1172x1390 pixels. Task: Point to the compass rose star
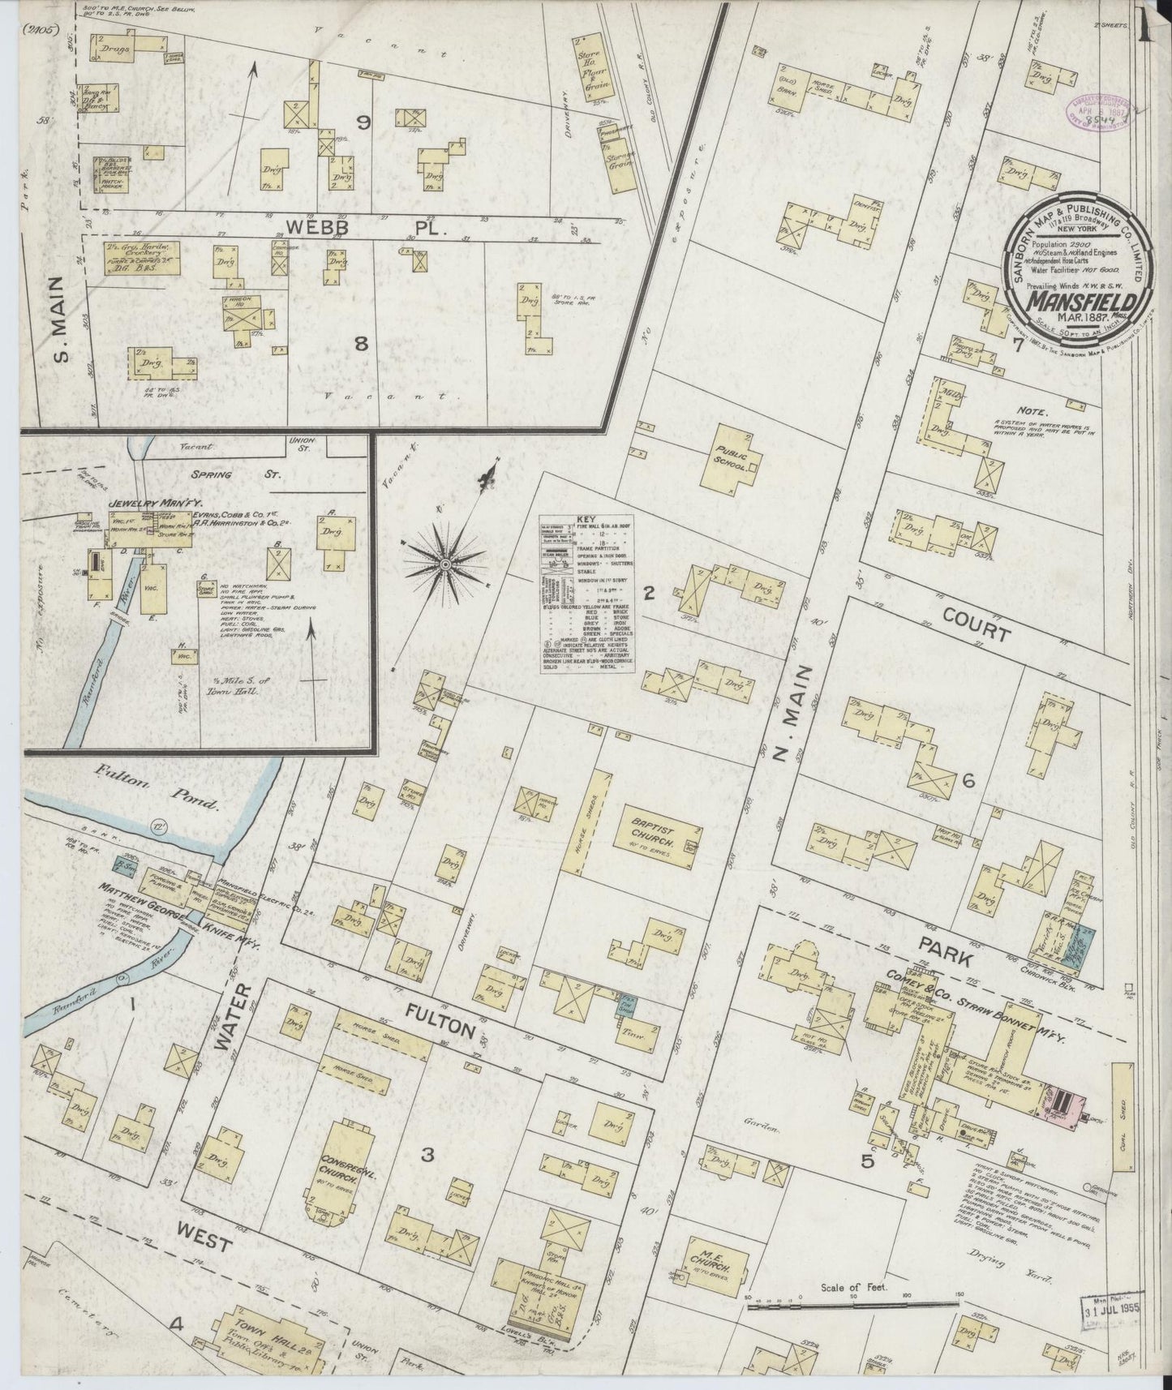445,562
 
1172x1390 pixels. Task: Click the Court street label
977,621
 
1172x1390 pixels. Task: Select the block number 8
360,344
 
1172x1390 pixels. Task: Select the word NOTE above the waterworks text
1035,411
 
